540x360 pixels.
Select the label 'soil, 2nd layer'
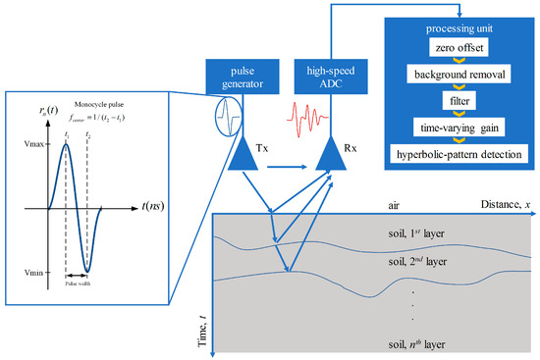(x=417, y=263)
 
